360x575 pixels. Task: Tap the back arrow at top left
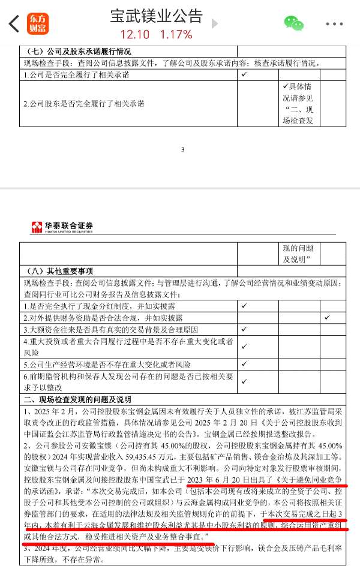point(13,24)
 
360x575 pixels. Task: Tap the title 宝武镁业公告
point(156,16)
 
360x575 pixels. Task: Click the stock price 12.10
point(136,34)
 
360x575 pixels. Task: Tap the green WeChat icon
point(293,24)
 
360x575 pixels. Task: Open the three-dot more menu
point(334,24)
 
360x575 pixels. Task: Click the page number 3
point(182,149)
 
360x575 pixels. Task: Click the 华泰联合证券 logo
point(62,226)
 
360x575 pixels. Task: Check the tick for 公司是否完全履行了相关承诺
point(245,75)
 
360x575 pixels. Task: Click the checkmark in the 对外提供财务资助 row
point(327,317)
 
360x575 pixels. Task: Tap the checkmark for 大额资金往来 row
point(245,329)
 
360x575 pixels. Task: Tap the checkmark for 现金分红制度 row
point(245,305)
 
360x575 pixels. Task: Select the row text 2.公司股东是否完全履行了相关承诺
point(84,104)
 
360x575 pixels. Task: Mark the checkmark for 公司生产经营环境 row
point(245,364)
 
